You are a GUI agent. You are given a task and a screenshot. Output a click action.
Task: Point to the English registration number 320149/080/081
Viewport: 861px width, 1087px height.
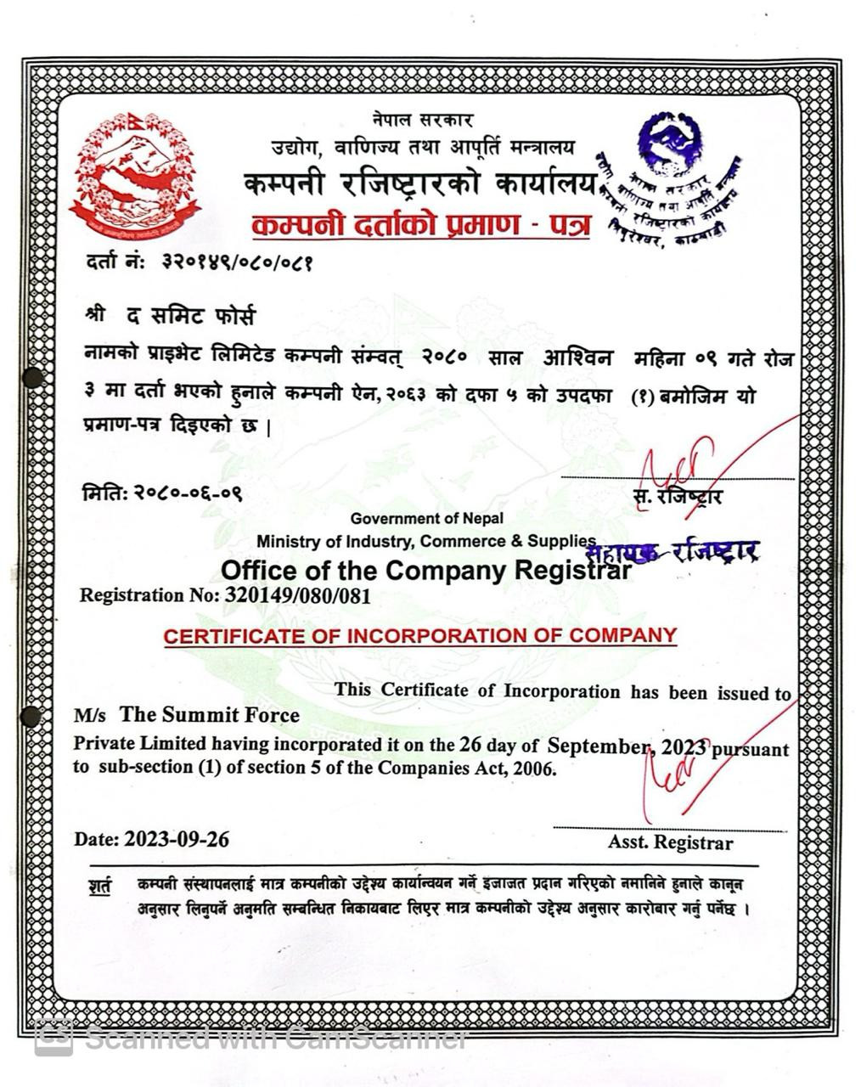point(297,595)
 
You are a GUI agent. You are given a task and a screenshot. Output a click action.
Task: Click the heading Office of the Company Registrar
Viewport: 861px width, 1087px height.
point(425,569)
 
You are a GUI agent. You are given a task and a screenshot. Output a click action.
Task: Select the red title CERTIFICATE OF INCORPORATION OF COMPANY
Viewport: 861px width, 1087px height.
point(420,635)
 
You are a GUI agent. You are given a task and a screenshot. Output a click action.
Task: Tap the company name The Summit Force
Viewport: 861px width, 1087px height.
point(209,714)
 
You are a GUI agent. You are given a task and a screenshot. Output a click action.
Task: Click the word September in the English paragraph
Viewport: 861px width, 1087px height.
point(599,746)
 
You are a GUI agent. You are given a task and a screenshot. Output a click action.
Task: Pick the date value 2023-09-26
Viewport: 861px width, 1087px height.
point(177,839)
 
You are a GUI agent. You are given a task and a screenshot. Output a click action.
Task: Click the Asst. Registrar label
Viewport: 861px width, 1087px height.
point(670,842)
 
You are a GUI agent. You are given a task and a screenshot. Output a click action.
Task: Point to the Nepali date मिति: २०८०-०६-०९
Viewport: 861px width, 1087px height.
point(162,492)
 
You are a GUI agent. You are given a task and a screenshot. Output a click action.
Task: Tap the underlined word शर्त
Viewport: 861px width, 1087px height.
point(99,886)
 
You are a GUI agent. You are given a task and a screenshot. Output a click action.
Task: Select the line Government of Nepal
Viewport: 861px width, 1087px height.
point(426,518)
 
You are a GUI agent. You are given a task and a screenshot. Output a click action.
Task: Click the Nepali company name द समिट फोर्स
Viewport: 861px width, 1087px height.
point(190,317)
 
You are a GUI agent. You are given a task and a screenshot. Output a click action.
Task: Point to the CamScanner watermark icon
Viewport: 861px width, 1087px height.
point(53,1038)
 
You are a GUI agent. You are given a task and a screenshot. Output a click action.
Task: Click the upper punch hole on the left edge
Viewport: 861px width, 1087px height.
point(32,378)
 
